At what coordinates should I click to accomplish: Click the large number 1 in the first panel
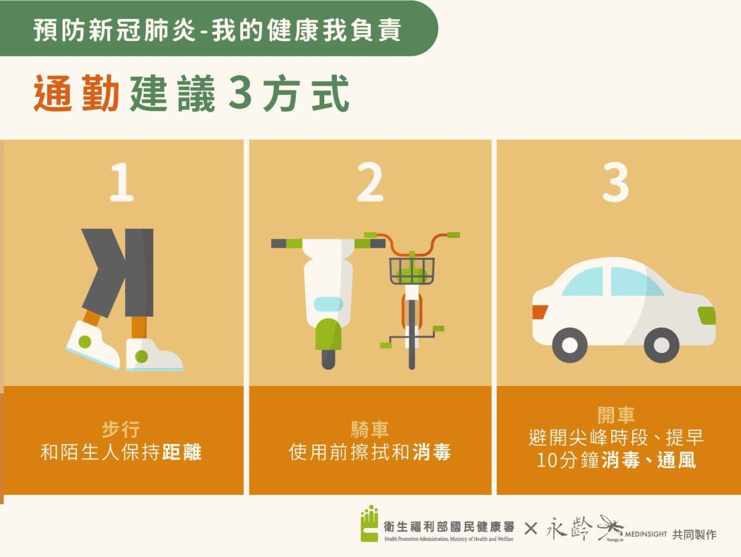tap(122, 182)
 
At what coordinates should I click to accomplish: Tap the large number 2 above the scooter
tap(370, 182)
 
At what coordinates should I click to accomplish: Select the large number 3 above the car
tap(616, 182)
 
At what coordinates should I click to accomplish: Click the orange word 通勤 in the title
tap(76, 93)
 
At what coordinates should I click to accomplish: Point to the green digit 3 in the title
tap(240, 93)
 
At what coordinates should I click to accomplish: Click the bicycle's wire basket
tap(412, 271)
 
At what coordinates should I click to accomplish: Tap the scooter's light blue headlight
tap(328, 304)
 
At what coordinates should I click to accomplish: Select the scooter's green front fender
tap(328, 334)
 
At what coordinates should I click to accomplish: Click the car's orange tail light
tap(540, 312)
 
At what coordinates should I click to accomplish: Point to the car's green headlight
tap(707, 315)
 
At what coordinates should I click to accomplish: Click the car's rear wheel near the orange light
tap(570, 345)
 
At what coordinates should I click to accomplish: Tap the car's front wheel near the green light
tap(661, 345)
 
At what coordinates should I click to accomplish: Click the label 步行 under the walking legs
tap(121, 430)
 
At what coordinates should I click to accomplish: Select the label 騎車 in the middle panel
tap(370, 430)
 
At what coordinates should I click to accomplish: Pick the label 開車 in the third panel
tap(616, 416)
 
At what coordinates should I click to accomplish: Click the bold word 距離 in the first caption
tap(182, 452)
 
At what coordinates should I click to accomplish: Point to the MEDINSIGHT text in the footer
tap(646, 534)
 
